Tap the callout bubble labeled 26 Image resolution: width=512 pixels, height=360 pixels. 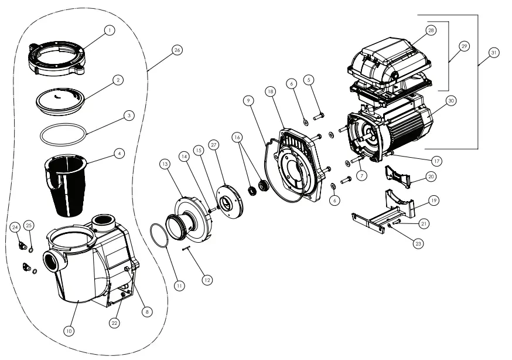177,50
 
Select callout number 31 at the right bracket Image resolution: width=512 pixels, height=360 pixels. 494,53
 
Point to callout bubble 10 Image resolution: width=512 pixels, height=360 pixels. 69,331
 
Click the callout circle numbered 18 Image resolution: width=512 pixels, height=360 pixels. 270,91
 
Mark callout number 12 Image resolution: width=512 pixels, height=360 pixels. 206,280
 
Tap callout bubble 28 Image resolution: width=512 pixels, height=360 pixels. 431,30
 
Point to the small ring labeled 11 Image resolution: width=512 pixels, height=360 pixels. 161,240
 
